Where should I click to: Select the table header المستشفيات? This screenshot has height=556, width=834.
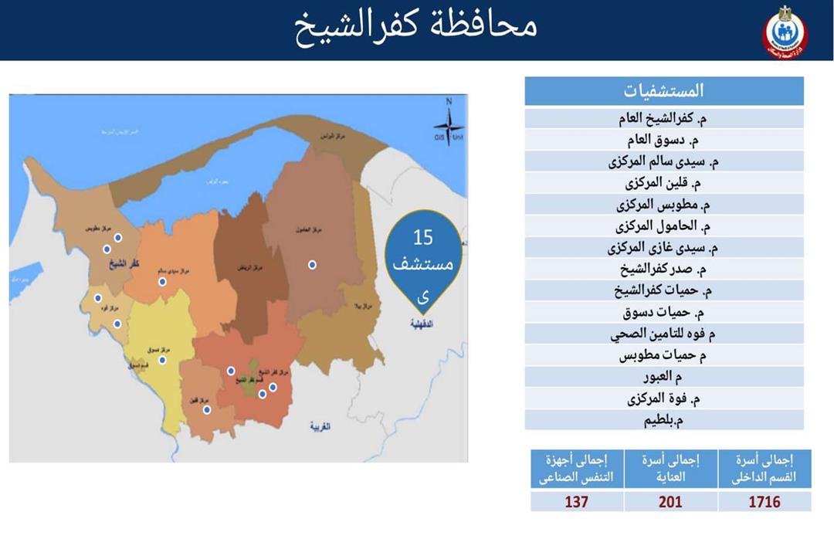pyautogui.click(x=664, y=90)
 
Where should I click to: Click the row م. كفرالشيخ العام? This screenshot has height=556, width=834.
pyautogui.click(x=664, y=119)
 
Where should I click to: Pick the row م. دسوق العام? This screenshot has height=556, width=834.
pyautogui.click(x=664, y=141)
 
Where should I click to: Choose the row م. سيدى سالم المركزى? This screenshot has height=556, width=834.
pyautogui.click(x=664, y=162)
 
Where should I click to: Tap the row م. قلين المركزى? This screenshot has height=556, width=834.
pyautogui.click(x=664, y=184)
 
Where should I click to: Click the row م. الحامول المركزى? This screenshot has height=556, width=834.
pyautogui.click(x=664, y=227)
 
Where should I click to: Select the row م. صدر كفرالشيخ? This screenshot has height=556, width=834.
pyautogui.click(x=664, y=270)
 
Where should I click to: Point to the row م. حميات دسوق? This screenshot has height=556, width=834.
pyautogui.click(x=664, y=314)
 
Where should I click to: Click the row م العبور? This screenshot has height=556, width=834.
pyautogui.click(x=664, y=378)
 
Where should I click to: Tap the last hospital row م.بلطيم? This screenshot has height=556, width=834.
pyautogui.click(x=664, y=421)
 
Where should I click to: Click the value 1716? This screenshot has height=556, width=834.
pyautogui.click(x=764, y=502)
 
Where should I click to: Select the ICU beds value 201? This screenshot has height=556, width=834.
pyautogui.click(x=670, y=502)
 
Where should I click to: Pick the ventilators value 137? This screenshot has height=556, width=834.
pyautogui.click(x=576, y=502)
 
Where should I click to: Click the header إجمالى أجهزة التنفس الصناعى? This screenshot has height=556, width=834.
pyautogui.click(x=576, y=469)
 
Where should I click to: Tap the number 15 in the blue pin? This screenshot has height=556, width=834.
pyautogui.click(x=422, y=237)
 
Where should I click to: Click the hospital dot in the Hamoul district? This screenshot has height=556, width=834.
pyautogui.click(x=312, y=265)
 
